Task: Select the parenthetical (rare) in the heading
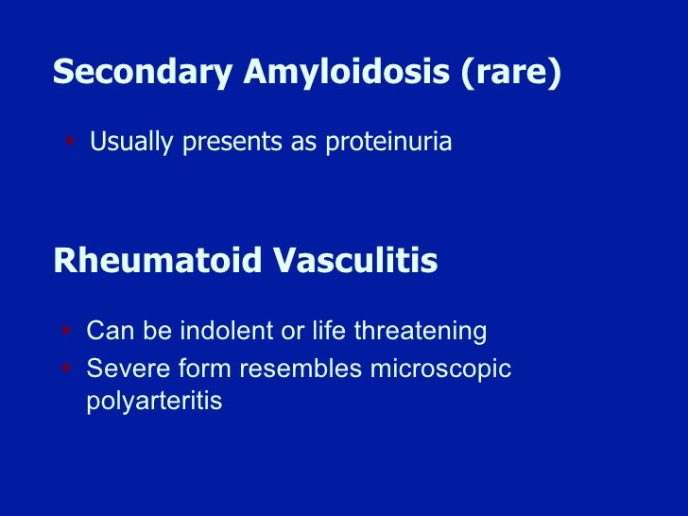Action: click(x=511, y=73)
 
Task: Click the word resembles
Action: click(x=293, y=367)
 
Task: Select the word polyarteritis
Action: click(x=154, y=401)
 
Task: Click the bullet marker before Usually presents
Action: click(x=70, y=142)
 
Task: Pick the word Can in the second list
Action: click(x=106, y=332)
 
